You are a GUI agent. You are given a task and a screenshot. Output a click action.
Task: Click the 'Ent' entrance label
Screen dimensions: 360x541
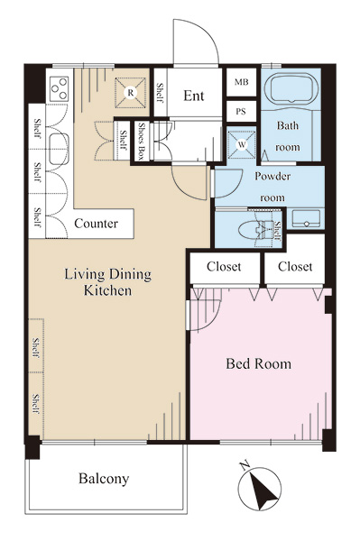pos(194,96)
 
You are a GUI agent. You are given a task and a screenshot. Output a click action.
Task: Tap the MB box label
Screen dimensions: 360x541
pos(241,82)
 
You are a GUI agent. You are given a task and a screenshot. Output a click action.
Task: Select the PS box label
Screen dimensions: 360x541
pos(241,112)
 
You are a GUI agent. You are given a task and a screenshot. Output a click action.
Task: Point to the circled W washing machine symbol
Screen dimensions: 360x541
pos(242,144)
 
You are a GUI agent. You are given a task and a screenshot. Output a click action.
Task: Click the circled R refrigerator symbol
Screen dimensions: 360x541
pos(131,93)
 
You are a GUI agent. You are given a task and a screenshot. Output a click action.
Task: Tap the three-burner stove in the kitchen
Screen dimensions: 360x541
pos(59,89)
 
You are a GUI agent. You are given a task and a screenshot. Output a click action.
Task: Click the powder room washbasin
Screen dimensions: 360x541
pos(306,219)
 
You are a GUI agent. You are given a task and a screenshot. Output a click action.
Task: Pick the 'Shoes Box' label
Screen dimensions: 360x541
pos(141,142)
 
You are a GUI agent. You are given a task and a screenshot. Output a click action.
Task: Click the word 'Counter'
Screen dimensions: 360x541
pos(96,224)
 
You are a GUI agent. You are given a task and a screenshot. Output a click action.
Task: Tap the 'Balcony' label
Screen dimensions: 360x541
pos(104,479)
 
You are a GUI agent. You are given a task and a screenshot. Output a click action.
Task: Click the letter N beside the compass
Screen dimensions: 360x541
pos(245,466)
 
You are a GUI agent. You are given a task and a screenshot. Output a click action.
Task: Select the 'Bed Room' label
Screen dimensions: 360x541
pos(259,364)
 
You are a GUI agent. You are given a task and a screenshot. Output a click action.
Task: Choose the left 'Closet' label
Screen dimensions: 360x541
pos(224,266)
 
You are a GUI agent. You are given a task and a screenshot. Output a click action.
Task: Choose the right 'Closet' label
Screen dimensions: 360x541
pos(295,266)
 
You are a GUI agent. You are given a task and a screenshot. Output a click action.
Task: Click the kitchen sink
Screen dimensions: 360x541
pos(59,149)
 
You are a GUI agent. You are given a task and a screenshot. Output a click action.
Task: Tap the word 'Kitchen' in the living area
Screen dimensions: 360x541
pos(107,290)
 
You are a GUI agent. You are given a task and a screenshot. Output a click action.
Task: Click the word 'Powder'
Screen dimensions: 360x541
pos(272,176)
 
